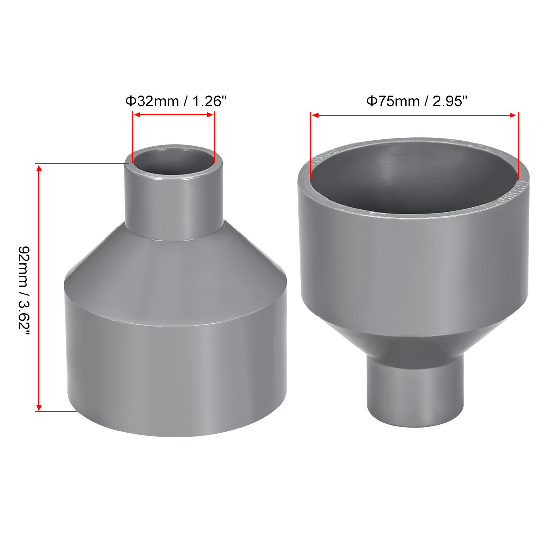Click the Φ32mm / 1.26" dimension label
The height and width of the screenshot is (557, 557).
pos(175,101)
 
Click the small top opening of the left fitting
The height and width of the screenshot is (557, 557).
pos(173,162)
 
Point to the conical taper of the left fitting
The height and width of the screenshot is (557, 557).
pos(173,263)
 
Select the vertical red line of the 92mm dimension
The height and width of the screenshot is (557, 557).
pos(39,287)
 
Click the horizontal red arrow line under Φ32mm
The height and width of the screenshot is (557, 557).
pos(173,115)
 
